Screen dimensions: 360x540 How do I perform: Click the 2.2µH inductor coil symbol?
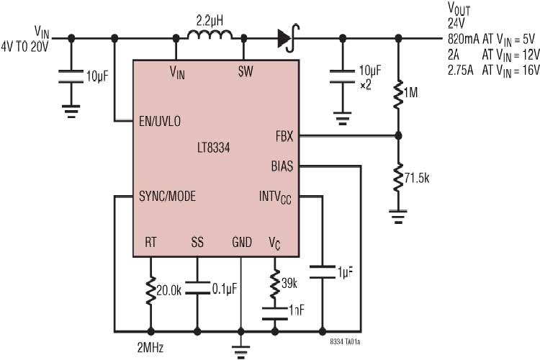pyautogui.click(x=210, y=36)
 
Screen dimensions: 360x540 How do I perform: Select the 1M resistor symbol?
pyautogui.click(x=397, y=94)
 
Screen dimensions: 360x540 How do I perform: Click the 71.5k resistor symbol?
pyautogui.click(x=397, y=178)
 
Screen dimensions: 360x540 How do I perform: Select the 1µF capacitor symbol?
pyautogui.click(x=322, y=273)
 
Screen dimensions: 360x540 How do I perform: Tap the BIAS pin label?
pyautogui.click(x=282, y=166)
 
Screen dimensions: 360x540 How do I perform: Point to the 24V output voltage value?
pyautogui.click(x=457, y=22)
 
